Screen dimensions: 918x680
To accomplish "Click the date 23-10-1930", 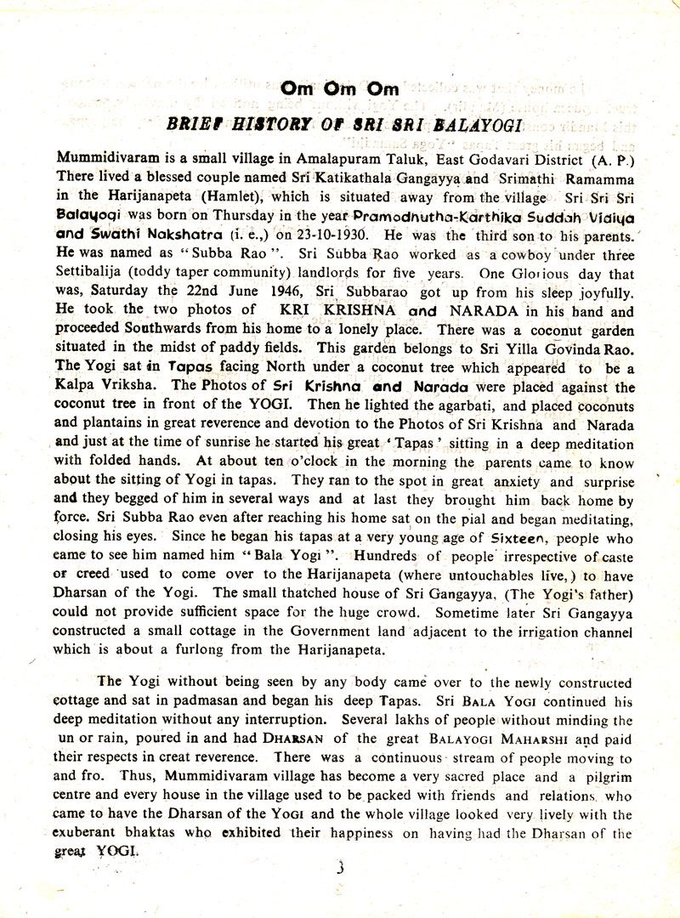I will (x=328, y=235).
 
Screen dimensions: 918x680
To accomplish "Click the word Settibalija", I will (x=92, y=274).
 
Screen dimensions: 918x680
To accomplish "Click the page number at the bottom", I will (x=339, y=869).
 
